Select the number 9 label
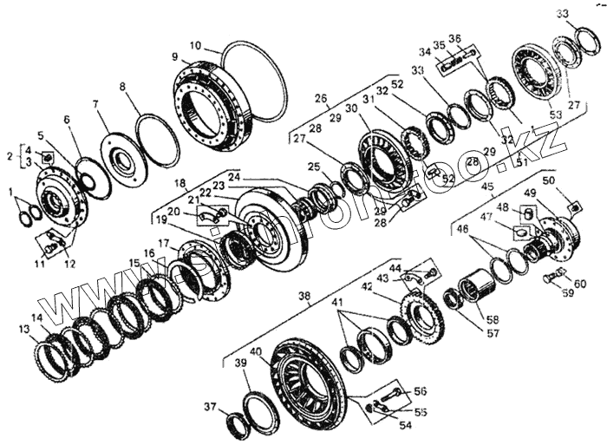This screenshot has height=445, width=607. (x=175, y=57)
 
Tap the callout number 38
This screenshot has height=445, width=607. (x=303, y=296)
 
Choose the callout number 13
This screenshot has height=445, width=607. (x=23, y=330)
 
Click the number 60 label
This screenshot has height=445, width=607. (x=579, y=284)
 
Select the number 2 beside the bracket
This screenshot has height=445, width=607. (x=10, y=156)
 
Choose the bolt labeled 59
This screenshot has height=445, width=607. (x=552, y=279)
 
